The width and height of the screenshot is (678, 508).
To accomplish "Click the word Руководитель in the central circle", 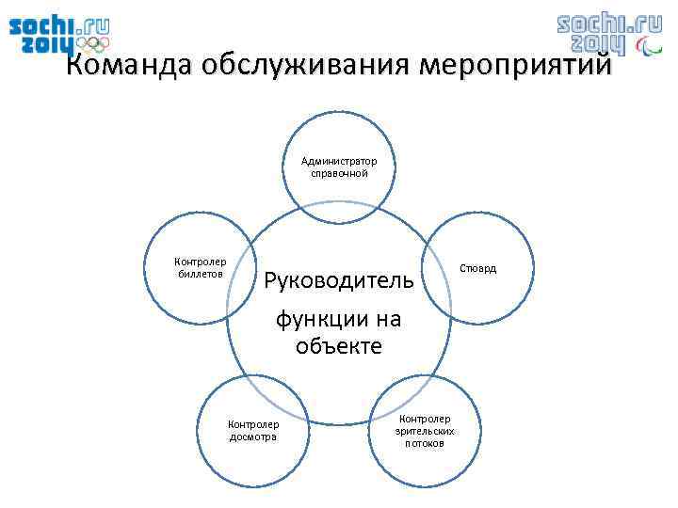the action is [x=338, y=279].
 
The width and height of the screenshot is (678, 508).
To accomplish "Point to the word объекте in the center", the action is [x=338, y=346].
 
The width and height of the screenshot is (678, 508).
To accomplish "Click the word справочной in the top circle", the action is [x=339, y=173].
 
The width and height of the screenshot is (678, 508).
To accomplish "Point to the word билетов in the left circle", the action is [x=201, y=274].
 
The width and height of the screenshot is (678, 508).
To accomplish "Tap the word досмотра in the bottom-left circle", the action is [x=254, y=437].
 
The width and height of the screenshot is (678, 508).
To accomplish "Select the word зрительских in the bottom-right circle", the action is [x=426, y=431].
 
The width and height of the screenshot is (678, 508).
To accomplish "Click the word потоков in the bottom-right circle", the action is [x=426, y=443].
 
